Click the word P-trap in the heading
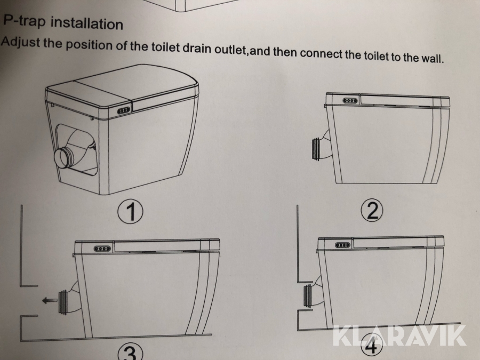tap(25, 21)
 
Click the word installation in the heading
tap(87, 23)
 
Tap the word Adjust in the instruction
tap(20, 42)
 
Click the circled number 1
tap(131, 211)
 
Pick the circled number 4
tap(372, 347)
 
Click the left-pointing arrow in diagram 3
tap(50, 300)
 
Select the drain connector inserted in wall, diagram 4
tap(308, 295)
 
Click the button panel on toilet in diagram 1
tap(124, 110)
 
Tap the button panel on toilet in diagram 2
tap(350, 100)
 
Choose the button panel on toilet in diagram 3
tap(101, 248)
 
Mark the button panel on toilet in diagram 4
tap(342, 245)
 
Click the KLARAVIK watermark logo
tap(399, 336)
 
